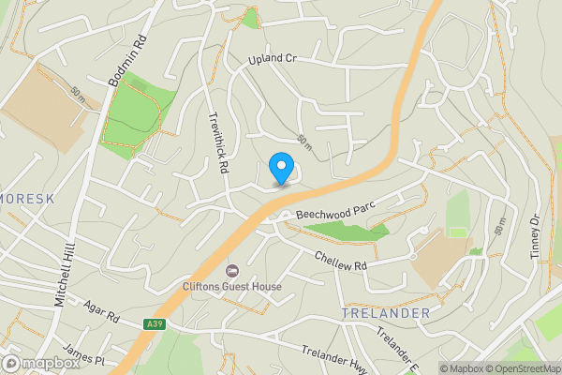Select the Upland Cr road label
[273, 59]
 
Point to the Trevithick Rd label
[218, 141]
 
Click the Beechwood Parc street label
[335, 208]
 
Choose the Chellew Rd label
[341, 262]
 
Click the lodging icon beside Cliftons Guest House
[231, 270]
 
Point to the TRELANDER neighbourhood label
[386, 312]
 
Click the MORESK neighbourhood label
[28, 200]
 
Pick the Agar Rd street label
[102, 311]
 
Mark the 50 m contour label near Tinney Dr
[501, 226]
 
